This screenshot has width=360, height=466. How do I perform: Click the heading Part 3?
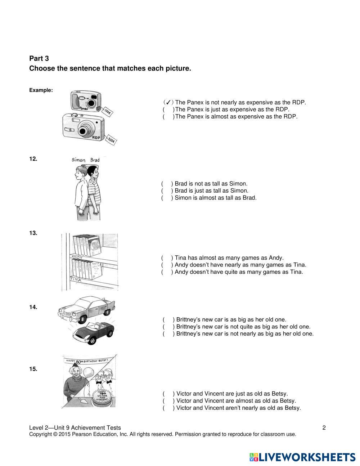tap(39, 58)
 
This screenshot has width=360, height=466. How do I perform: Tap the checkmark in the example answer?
tap(168, 103)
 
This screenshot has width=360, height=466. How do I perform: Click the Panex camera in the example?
tap(86, 101)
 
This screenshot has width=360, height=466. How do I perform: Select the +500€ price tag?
tap(111, 140)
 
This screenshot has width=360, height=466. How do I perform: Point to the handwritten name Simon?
tap(78, 160)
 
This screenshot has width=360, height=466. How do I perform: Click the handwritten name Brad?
tap(95, 160)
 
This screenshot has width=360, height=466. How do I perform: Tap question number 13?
tap(33, 233)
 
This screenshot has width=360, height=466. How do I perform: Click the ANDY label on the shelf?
tap(77, 257)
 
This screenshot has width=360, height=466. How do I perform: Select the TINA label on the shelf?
tap(75, 279)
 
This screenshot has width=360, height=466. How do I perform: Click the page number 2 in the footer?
tap(324, 428)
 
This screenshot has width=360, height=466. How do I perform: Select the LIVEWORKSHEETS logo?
tap(302, 457)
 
